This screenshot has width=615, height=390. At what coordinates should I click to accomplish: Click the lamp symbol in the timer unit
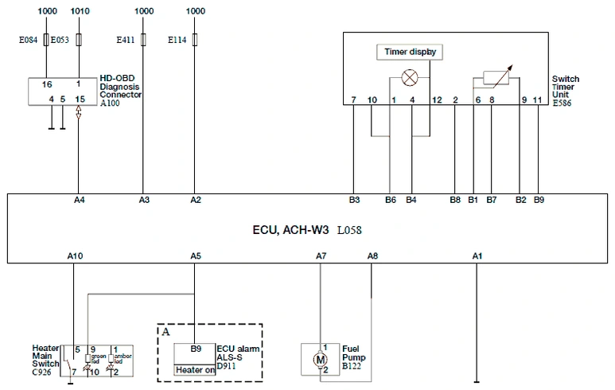click(x=411, y=78)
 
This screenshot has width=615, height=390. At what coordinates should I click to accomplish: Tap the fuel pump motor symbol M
click(x=321, y=359)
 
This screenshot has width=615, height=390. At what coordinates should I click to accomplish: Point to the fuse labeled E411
click(x=143, y=39)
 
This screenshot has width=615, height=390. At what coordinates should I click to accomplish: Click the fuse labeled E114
click(x=195, y=39)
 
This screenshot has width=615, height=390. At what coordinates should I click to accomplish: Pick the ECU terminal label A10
click(x=75, y=256)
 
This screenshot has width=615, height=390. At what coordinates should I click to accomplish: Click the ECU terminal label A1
click(x=477, y=256)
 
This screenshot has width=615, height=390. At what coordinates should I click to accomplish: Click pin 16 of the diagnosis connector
click(x=47, y=84)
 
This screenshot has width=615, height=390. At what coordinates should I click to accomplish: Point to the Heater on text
click(x=196, y=369)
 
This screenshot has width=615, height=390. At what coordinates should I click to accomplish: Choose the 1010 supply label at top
click(x=80, y=11)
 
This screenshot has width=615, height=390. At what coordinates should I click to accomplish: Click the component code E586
click(x=562, y=103)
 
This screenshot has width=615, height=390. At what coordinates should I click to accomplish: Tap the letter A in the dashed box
click(x=165, y=331)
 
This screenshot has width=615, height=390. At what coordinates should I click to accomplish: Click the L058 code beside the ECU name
click(x=350, y=229)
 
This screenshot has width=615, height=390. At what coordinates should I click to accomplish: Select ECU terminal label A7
click(x=321, y=256)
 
